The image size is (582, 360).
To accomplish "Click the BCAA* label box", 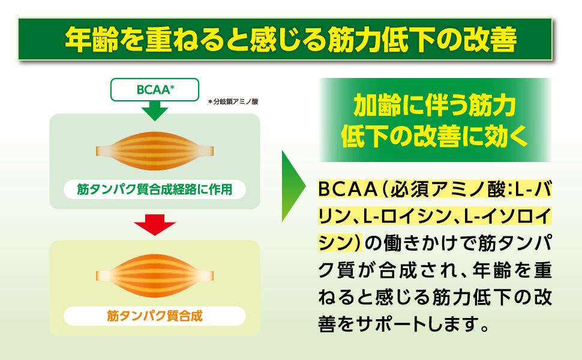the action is [155, 89].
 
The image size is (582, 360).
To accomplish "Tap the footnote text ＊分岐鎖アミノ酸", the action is [233, 101].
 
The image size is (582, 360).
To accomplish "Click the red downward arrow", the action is [155, 225].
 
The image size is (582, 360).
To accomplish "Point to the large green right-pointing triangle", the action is [293, 186].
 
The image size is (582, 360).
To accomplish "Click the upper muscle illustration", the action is [155, 151].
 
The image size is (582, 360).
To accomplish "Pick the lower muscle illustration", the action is [155, 276].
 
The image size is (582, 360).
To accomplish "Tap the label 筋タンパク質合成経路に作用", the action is [154, 189].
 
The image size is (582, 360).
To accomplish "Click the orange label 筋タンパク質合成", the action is [154, 316].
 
